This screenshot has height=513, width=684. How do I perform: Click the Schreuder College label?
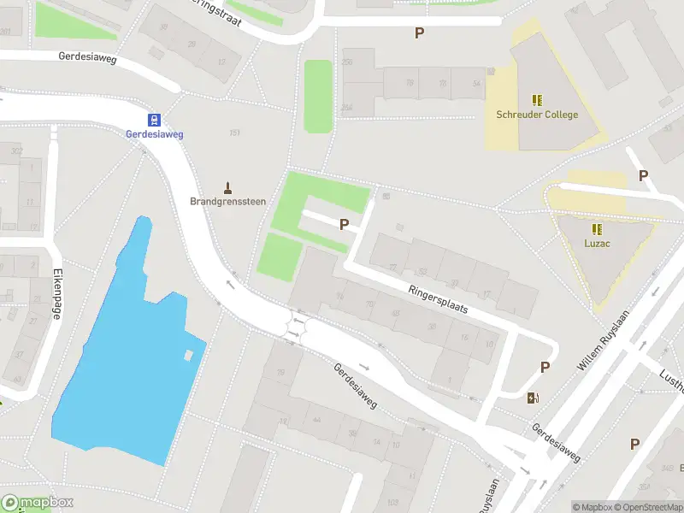[537, 115]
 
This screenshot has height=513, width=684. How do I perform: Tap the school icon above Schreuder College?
[537, 100]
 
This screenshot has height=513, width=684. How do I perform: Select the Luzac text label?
[596, 245]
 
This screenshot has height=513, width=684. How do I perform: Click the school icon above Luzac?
[596, 229]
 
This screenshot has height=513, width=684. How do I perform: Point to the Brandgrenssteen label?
[227, 202]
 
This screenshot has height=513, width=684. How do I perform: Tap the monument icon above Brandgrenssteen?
[227, 187]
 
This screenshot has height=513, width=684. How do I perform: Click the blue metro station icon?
[155, 120]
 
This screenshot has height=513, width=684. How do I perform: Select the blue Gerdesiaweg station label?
[155, 134]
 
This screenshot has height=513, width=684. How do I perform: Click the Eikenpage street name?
[56, 295]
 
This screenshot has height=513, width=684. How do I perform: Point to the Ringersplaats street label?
[439, 298]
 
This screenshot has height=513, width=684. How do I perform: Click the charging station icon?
[533, 398]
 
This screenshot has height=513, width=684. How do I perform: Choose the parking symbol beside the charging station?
[545, 367]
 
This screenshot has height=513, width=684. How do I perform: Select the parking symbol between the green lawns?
[345, 225]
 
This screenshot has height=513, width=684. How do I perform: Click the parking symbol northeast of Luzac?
[643, 175]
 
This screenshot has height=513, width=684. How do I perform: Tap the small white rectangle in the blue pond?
[188, 355]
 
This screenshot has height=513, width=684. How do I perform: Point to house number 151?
[234, 133]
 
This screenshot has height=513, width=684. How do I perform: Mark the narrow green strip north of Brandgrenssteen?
[317, 96]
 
